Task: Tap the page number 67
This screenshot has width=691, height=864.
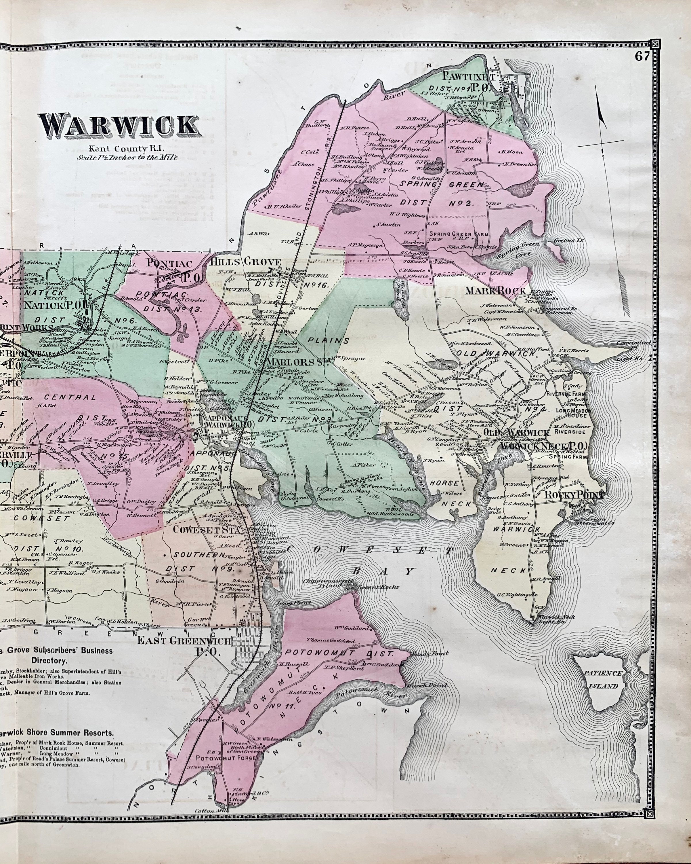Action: coord(641,56)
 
